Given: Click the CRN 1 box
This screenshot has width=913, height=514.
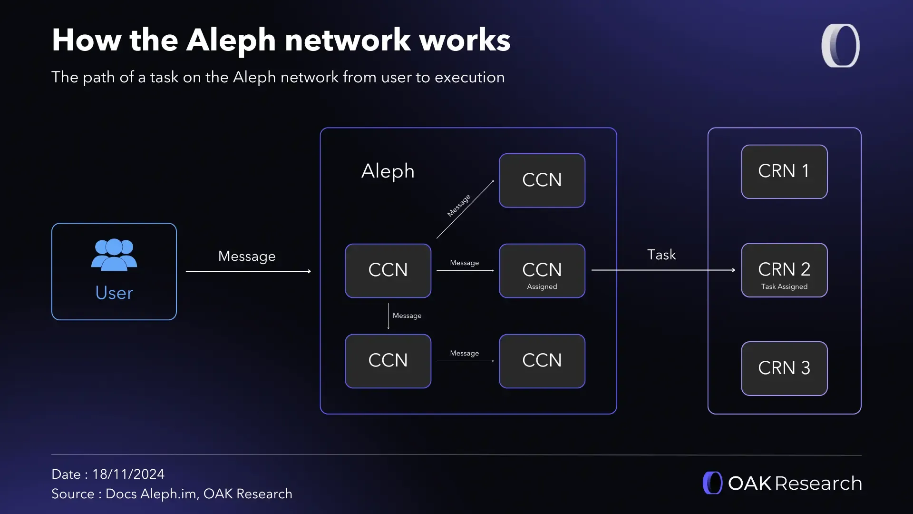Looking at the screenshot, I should pyautogui.click(x=784, y=171).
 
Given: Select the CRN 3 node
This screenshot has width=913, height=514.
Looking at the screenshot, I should pyautogui.click(x=784, y=368).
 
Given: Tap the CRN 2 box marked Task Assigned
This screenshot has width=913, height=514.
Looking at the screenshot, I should pyautogui.click(x=784, y=270).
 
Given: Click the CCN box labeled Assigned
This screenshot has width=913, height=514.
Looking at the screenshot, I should pyautogui.click(x=542, y=270).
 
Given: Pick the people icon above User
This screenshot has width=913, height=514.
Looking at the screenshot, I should pyautogui.click(x=114, y=255).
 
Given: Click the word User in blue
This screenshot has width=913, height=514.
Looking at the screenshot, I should pyautogui.click(x=114, y=293).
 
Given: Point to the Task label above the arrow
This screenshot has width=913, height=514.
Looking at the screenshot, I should pyautogui.click(x=661, y=255).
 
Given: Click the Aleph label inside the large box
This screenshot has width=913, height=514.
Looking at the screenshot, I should pyautogui.click(x=388, y=171).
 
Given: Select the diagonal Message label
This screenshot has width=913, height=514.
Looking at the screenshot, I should pyautogui.click(x=458, y=206).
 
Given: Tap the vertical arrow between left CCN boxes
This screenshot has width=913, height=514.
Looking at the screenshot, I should pyautogui.click(x=388, y=316).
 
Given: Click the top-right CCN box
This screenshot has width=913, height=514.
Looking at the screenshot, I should pyautogui.click(x=542, y=180).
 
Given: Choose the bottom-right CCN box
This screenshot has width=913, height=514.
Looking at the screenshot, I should pyautogui.click(x=542, y=361).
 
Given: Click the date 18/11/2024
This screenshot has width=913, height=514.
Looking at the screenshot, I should pyautogui.click(x=128, y=474).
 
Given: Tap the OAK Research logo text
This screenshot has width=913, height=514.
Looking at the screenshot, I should pyautogui.click(x=795, y=483).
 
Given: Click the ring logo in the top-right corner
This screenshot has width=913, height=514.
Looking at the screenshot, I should pyautogui.click(x=840, y=46).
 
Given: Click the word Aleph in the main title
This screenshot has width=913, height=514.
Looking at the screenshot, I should pyautogui.click(x=231, y=40).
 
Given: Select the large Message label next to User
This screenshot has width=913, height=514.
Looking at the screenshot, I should pyautogui.click(x=247, y=256).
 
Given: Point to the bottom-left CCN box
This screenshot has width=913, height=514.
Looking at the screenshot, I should pyautogui.click(x=388, y=361).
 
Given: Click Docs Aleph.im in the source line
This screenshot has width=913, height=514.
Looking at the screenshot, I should pyautogui.click(x=151, y=494).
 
